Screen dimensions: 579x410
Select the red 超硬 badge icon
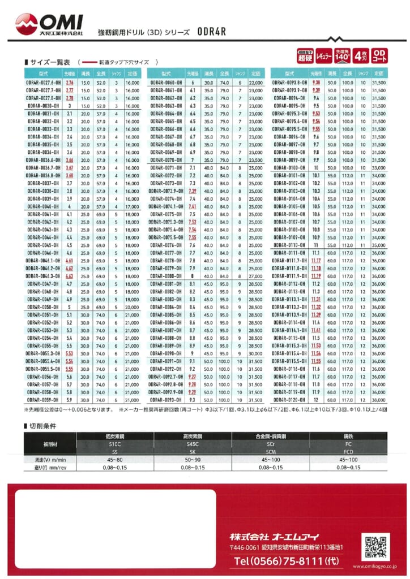click(305, 55)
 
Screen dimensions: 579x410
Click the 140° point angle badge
click(341, 55)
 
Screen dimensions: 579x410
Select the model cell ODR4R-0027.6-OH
click(43, 83)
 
